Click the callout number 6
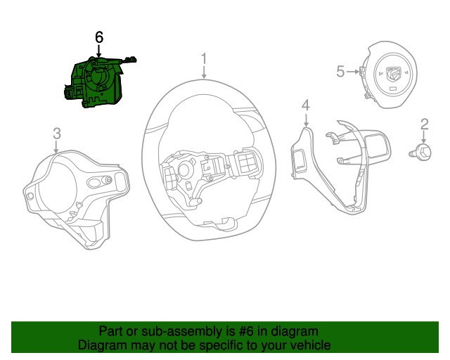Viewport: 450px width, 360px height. coord(99,37)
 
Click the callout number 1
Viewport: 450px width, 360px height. coord(204,58)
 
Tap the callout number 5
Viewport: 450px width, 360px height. coord(340,71)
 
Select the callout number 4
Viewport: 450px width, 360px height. coord(305,105)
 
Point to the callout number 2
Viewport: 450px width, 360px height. coord(425,124)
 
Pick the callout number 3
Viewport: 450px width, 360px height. coord(57,133)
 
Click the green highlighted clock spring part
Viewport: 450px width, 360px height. coord(95,82)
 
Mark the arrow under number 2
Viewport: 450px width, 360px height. coord(425,138)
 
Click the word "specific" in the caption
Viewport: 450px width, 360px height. coord(221,345)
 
